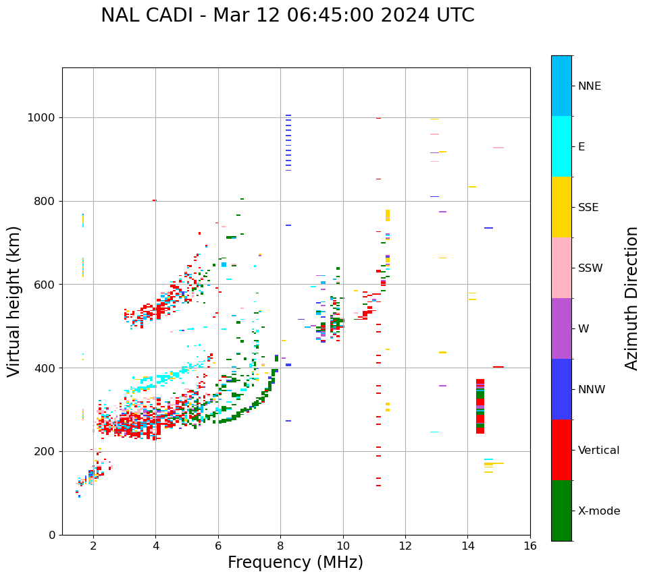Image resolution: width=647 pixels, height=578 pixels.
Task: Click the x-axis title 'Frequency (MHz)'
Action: click(295, 562)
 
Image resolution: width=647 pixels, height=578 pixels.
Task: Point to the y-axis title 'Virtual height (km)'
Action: click(14, 301)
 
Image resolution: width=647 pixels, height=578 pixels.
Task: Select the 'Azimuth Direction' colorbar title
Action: click(631, 298)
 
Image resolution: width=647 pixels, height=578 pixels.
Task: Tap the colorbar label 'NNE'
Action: click(589, 86)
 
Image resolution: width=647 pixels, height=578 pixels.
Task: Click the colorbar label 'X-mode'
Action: click(598, 511)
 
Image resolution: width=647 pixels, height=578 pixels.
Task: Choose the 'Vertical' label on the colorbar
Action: click(598, 451)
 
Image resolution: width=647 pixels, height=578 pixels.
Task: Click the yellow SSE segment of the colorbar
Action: click(561, 207)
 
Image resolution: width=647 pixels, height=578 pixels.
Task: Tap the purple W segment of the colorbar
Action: click(561, 328)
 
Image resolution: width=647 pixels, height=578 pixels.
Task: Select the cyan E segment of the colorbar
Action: click(561, 146)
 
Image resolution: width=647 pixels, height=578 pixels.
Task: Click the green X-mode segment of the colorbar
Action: click(561, 511)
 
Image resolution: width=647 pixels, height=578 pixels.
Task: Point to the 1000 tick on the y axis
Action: click(43, 118)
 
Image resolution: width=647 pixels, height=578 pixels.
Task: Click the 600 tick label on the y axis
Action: click(46, 285)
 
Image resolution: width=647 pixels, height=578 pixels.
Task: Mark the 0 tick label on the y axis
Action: click(53, 535)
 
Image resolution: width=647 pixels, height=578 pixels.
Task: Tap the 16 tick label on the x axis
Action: click(530, 546)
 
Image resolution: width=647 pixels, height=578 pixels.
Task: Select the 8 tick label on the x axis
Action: click(280, 546)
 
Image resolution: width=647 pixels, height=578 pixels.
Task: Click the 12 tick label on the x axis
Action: click(405, 546)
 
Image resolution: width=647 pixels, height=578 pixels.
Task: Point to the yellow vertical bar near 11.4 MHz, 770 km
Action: click(388, 215)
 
